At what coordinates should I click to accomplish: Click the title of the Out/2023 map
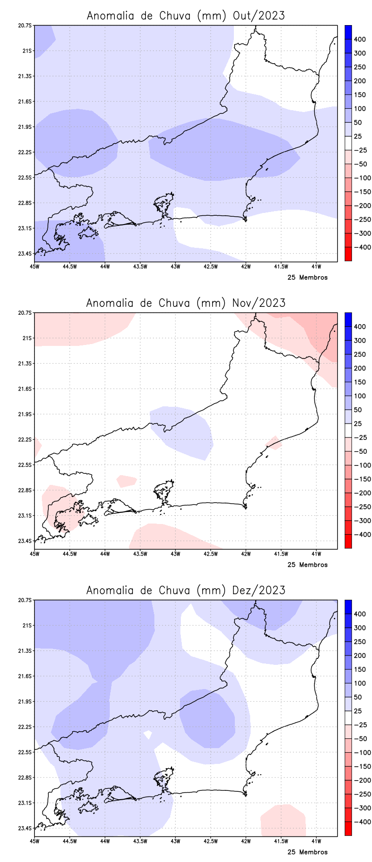pos(186,15)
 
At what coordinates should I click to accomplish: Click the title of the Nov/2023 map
pos(186,303)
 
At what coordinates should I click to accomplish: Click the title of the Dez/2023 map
pos(186,590)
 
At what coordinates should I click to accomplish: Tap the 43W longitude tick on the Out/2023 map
pos(175,266)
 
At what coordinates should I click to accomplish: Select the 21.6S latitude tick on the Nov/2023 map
pos(26,389)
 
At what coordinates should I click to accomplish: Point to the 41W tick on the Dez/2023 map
pos(316,841)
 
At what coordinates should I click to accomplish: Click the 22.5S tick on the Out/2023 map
pos(26,178)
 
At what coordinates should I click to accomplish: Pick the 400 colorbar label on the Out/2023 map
pos(359,40)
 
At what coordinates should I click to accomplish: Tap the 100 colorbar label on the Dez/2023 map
pos(359,683)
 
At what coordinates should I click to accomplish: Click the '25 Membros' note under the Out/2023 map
pos(307,278)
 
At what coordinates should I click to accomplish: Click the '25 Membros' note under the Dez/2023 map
pos(307,852)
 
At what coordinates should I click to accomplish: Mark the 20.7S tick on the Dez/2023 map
pos(26,600)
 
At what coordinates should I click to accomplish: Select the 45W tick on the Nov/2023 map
pos(34,554)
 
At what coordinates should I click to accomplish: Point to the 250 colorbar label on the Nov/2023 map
pos(359,354)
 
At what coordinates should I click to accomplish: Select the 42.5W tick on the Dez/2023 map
pos(211,841)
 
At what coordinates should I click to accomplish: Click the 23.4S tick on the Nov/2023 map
pos(26,541)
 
